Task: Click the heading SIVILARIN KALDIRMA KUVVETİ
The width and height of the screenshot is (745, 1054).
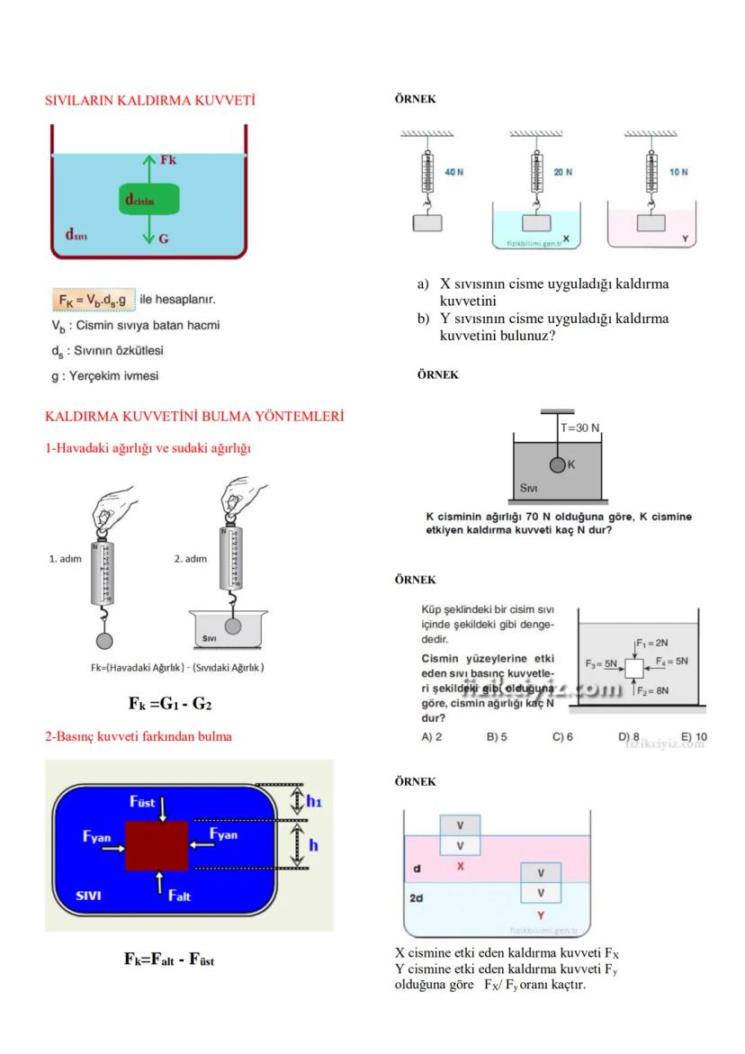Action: [x=149, y=100]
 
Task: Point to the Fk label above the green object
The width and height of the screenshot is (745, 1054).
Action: [x=168, y=159]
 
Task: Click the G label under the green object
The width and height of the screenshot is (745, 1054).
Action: [x=163, y=240]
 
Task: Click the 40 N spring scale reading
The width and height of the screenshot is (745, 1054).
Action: [x=453, y=172]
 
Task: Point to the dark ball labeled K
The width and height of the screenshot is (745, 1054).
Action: [x=558, y=464]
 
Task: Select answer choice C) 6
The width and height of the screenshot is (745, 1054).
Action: [x=562, y=736]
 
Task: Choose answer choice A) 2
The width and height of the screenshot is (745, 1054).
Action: [x=432, y=736]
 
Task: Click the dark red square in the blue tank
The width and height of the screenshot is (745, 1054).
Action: [x=157, y=845]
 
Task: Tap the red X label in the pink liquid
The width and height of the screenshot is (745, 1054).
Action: [x=460, y=866]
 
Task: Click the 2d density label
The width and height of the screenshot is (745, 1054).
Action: [x=417, y=898]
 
